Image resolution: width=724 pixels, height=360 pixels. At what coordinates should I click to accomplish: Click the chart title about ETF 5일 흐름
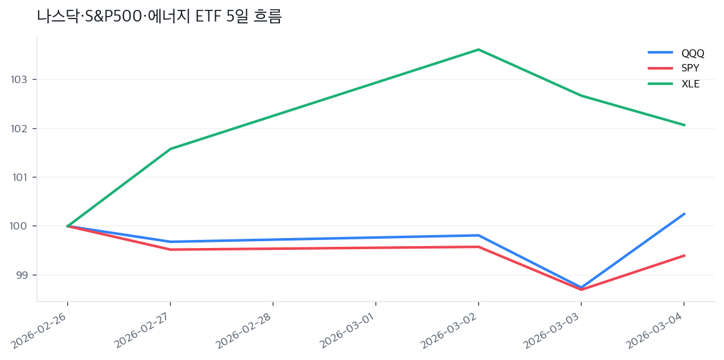159,17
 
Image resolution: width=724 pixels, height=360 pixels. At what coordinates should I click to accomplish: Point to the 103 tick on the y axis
20,80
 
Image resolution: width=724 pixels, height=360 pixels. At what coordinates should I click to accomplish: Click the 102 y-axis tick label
20,129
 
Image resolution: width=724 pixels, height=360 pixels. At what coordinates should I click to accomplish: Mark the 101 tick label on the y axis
20,177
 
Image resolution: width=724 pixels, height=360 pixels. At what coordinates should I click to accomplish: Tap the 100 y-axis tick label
20,226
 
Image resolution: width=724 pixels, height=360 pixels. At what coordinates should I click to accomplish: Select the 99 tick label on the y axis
22,275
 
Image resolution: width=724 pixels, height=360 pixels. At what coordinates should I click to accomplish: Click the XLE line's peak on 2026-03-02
479,50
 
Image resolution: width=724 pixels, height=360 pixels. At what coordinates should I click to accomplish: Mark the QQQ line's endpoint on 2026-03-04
684,214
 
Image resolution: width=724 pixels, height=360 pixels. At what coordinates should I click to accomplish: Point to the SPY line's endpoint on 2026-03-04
684,255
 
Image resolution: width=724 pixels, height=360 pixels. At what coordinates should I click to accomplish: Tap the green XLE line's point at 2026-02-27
170,149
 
